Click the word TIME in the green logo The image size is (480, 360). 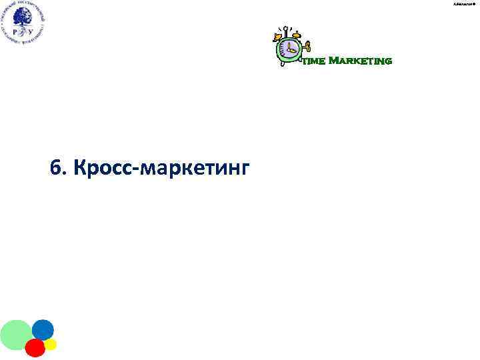(314, 62)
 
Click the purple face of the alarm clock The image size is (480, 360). (289, 49)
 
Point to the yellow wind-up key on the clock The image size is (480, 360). (307, 48)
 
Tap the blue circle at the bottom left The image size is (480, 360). (43, 329)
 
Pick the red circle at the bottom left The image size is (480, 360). (35, 347)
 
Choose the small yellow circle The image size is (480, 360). (51, 345)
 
